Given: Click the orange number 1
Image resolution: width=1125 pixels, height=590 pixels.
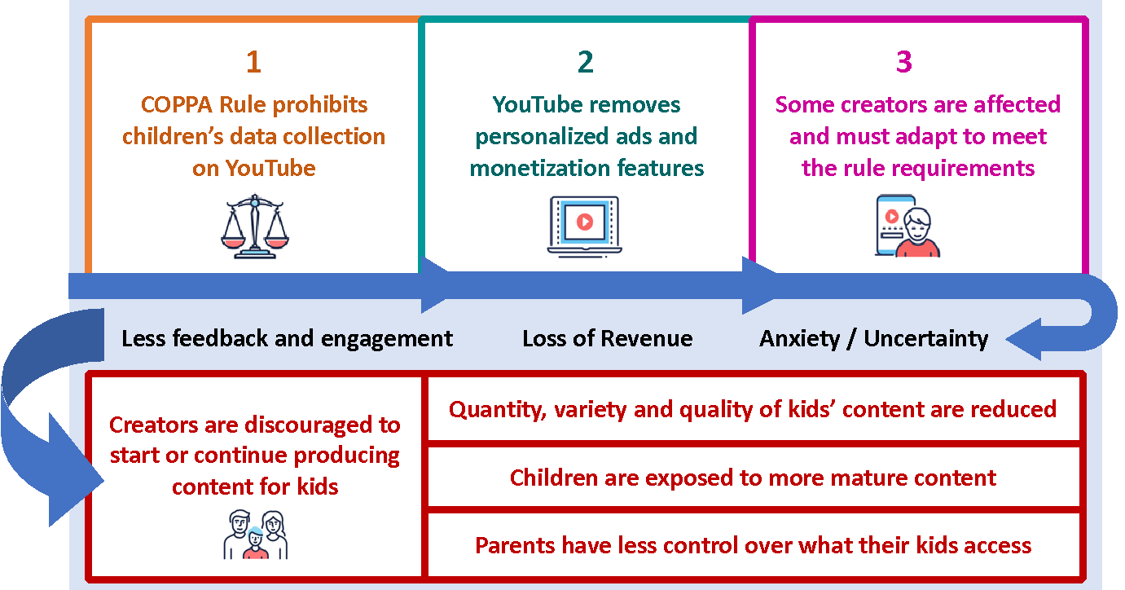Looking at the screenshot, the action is (x=253, y=62).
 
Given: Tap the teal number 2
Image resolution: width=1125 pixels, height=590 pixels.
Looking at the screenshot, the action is (x=586, y=62).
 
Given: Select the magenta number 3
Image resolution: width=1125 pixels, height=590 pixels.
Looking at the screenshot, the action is (x=904, y=62).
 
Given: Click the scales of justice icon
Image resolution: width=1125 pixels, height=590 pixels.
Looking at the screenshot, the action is (x=255, y=227).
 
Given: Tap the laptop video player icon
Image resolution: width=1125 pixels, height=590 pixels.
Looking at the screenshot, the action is (x=585, y=227).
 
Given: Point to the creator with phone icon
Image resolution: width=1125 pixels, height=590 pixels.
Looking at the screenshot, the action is (x=907, y=227).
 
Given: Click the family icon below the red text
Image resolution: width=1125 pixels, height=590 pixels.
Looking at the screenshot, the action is (x=256, y=535).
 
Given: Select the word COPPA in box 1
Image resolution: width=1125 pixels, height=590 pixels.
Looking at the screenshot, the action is (x=176, y=105).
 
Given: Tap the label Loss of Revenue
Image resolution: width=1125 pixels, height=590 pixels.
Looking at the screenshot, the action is (x=607, y=339).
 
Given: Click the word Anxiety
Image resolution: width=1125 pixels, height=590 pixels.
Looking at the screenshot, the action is (x=799, y=339).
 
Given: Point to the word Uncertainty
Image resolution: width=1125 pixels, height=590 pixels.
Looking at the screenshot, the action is (x=925, y=339).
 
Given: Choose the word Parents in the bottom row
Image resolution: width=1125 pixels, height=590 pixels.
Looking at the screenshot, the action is (x=515, y=545).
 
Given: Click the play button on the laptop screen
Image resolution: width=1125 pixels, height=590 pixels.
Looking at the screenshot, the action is (x=585, y=222).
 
